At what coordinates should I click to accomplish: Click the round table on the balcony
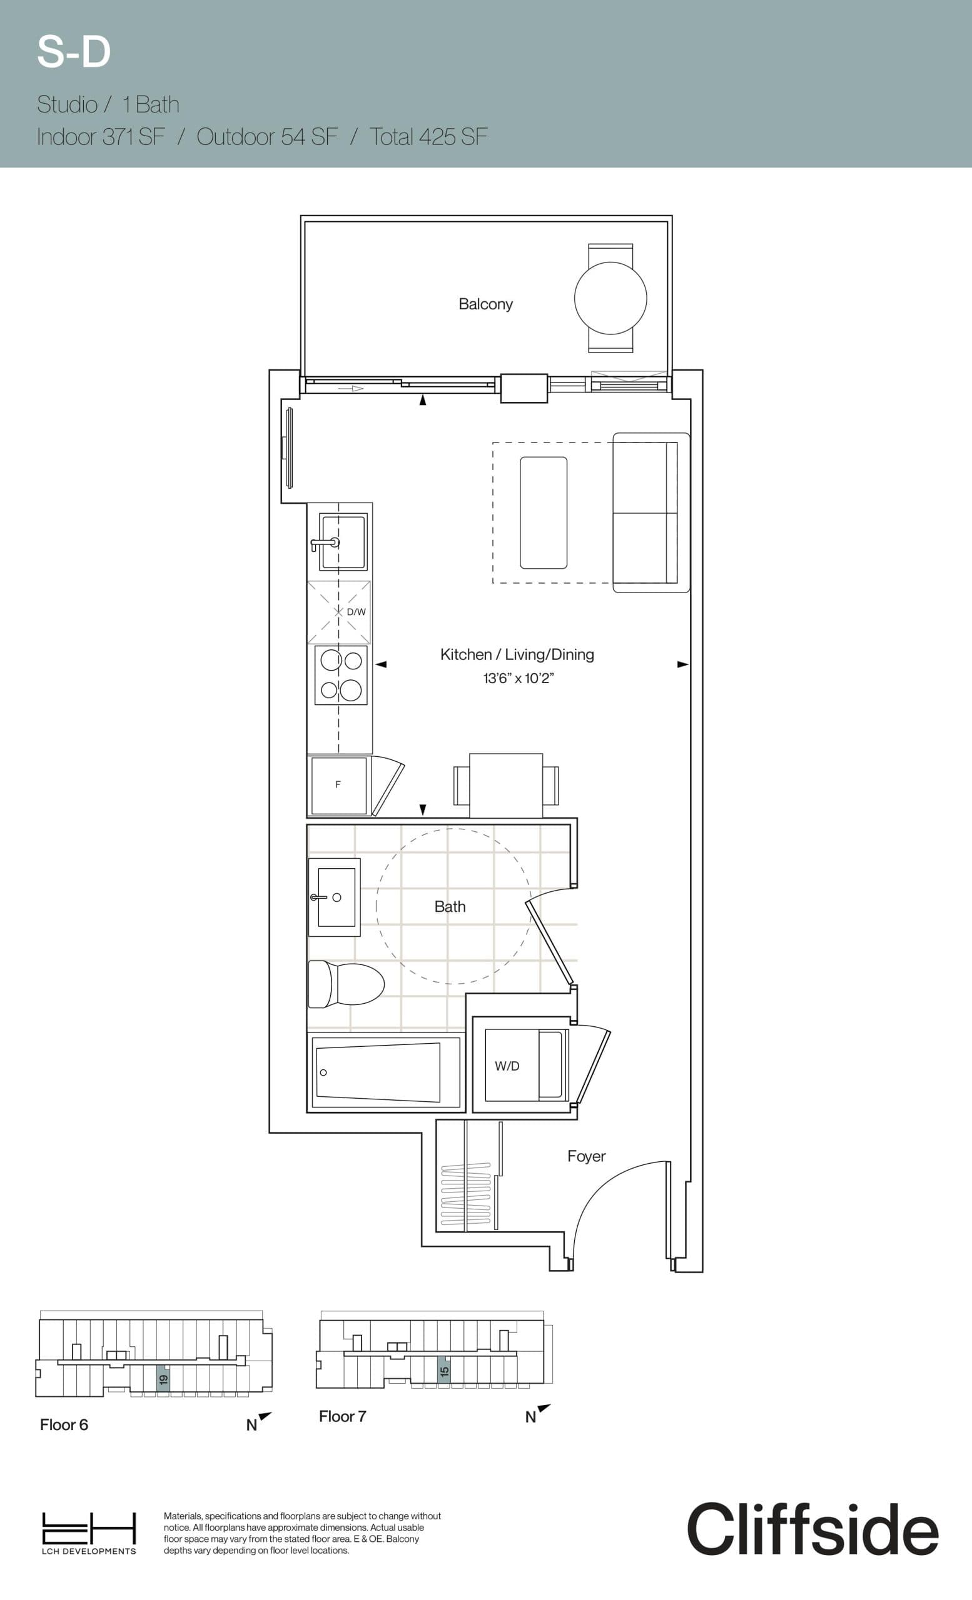(x=610, y=298)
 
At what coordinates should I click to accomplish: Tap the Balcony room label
(x=485, y=304)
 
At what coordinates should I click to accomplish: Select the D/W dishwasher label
(x=356, y=612)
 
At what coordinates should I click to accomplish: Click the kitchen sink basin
(x=342, y=541)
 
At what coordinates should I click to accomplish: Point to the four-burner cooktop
(x=341, y=676)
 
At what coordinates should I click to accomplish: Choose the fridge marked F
(x=338, y=784)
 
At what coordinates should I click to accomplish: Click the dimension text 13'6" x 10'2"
(x=518, y=678)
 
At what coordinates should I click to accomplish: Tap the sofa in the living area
(x=651, y=512)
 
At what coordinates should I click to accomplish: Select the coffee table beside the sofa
(x=543, y=512)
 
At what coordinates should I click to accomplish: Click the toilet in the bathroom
(x=346, y=984)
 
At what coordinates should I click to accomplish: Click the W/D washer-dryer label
(x=507, y=1066)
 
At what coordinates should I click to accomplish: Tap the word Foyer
(x=586, y=1156)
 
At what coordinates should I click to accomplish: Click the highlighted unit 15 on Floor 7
(x=443, y=1371)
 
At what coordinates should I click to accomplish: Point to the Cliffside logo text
(x=812, y=1529)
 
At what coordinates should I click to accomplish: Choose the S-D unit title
(x=74, y=52)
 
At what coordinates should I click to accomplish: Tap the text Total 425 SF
(x=428, y=137)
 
